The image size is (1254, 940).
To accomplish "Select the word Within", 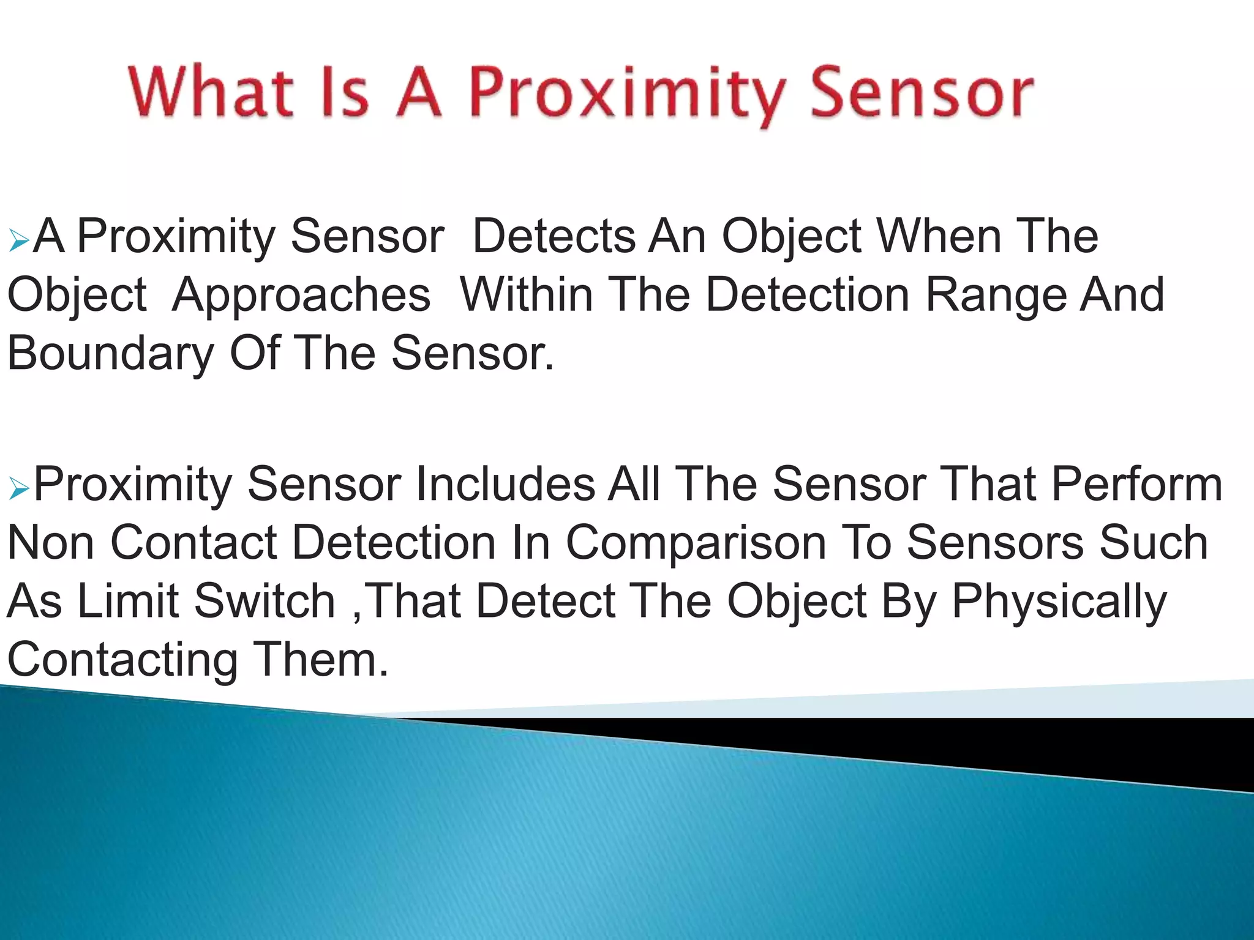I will click(527, 295).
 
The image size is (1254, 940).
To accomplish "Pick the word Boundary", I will click(110, 354).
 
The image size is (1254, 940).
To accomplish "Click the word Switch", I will click(265, 602).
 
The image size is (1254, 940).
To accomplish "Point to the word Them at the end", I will click(321, 660).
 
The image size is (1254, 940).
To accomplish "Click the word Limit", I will click(127, 602).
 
